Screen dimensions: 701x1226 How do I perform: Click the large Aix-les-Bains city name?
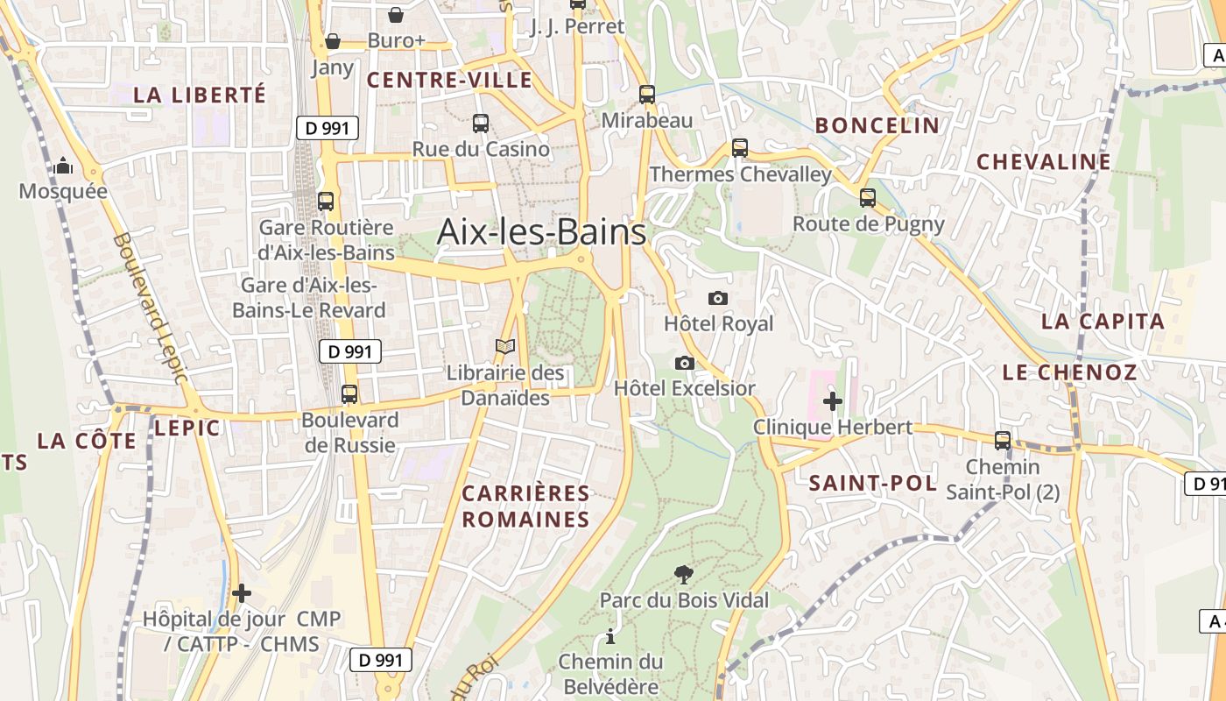click(541, 232)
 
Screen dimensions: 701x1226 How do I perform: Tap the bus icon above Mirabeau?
click(647, 95)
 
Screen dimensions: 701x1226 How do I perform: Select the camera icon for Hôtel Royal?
click(717, 299)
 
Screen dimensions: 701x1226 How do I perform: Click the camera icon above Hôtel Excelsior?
click(685, 363)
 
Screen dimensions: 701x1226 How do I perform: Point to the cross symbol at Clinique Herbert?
click(832, 401)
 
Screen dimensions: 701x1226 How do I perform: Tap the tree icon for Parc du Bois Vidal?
click(684, 575)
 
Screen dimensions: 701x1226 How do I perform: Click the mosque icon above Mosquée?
click(63, 166)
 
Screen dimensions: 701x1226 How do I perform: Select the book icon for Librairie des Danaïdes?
click(505, 347)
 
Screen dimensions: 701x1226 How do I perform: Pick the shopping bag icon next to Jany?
click(333, 40)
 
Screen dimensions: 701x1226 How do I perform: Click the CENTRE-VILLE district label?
click(449, 81)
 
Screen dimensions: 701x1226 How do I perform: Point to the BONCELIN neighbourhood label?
click(877, 125)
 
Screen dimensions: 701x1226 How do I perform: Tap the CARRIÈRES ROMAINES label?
click(526, 506)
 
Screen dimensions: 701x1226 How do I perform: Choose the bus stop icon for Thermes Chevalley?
click(740, 148)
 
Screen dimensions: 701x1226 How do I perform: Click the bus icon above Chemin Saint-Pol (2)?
click(1003, 441)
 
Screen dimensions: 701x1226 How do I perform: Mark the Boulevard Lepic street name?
click(150, 308)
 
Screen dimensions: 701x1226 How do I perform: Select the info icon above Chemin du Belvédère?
click(610, 636)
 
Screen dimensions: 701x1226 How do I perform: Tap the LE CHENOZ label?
click(1069, 372)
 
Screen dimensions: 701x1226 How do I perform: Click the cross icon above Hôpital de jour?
click(242, 593)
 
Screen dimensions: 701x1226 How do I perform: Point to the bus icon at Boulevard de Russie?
click(349, 394)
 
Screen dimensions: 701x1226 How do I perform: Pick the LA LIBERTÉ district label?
click(199, 95)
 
